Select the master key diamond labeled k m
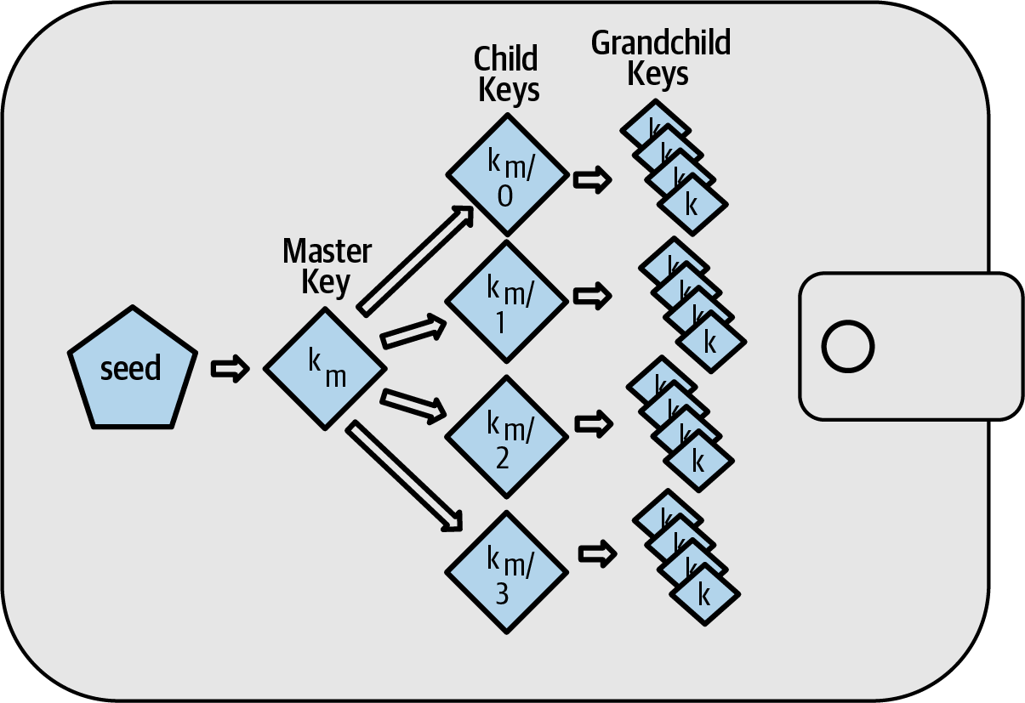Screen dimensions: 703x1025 326,368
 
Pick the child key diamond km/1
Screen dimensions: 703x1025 507,301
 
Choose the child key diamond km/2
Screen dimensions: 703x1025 507,435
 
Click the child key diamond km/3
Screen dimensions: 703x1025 507,570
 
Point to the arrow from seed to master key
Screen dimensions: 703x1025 229,368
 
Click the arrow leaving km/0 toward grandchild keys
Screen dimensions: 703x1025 593,180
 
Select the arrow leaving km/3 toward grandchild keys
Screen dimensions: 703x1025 598,553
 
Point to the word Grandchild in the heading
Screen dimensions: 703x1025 660,43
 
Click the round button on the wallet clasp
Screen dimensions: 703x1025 847,346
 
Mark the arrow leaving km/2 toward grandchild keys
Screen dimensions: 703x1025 593,422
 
